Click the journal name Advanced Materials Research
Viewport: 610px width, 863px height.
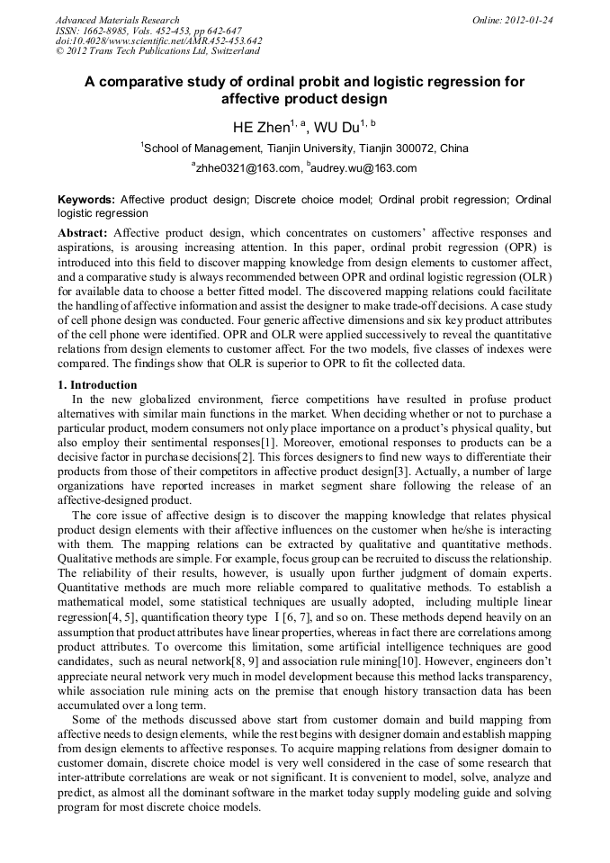pyautogui.click(x=117, y=19)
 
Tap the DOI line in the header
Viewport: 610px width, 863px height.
pyautogui.click(x=158, y=40)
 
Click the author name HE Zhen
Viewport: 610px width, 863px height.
pyautogui.click(x=261, y=128)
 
